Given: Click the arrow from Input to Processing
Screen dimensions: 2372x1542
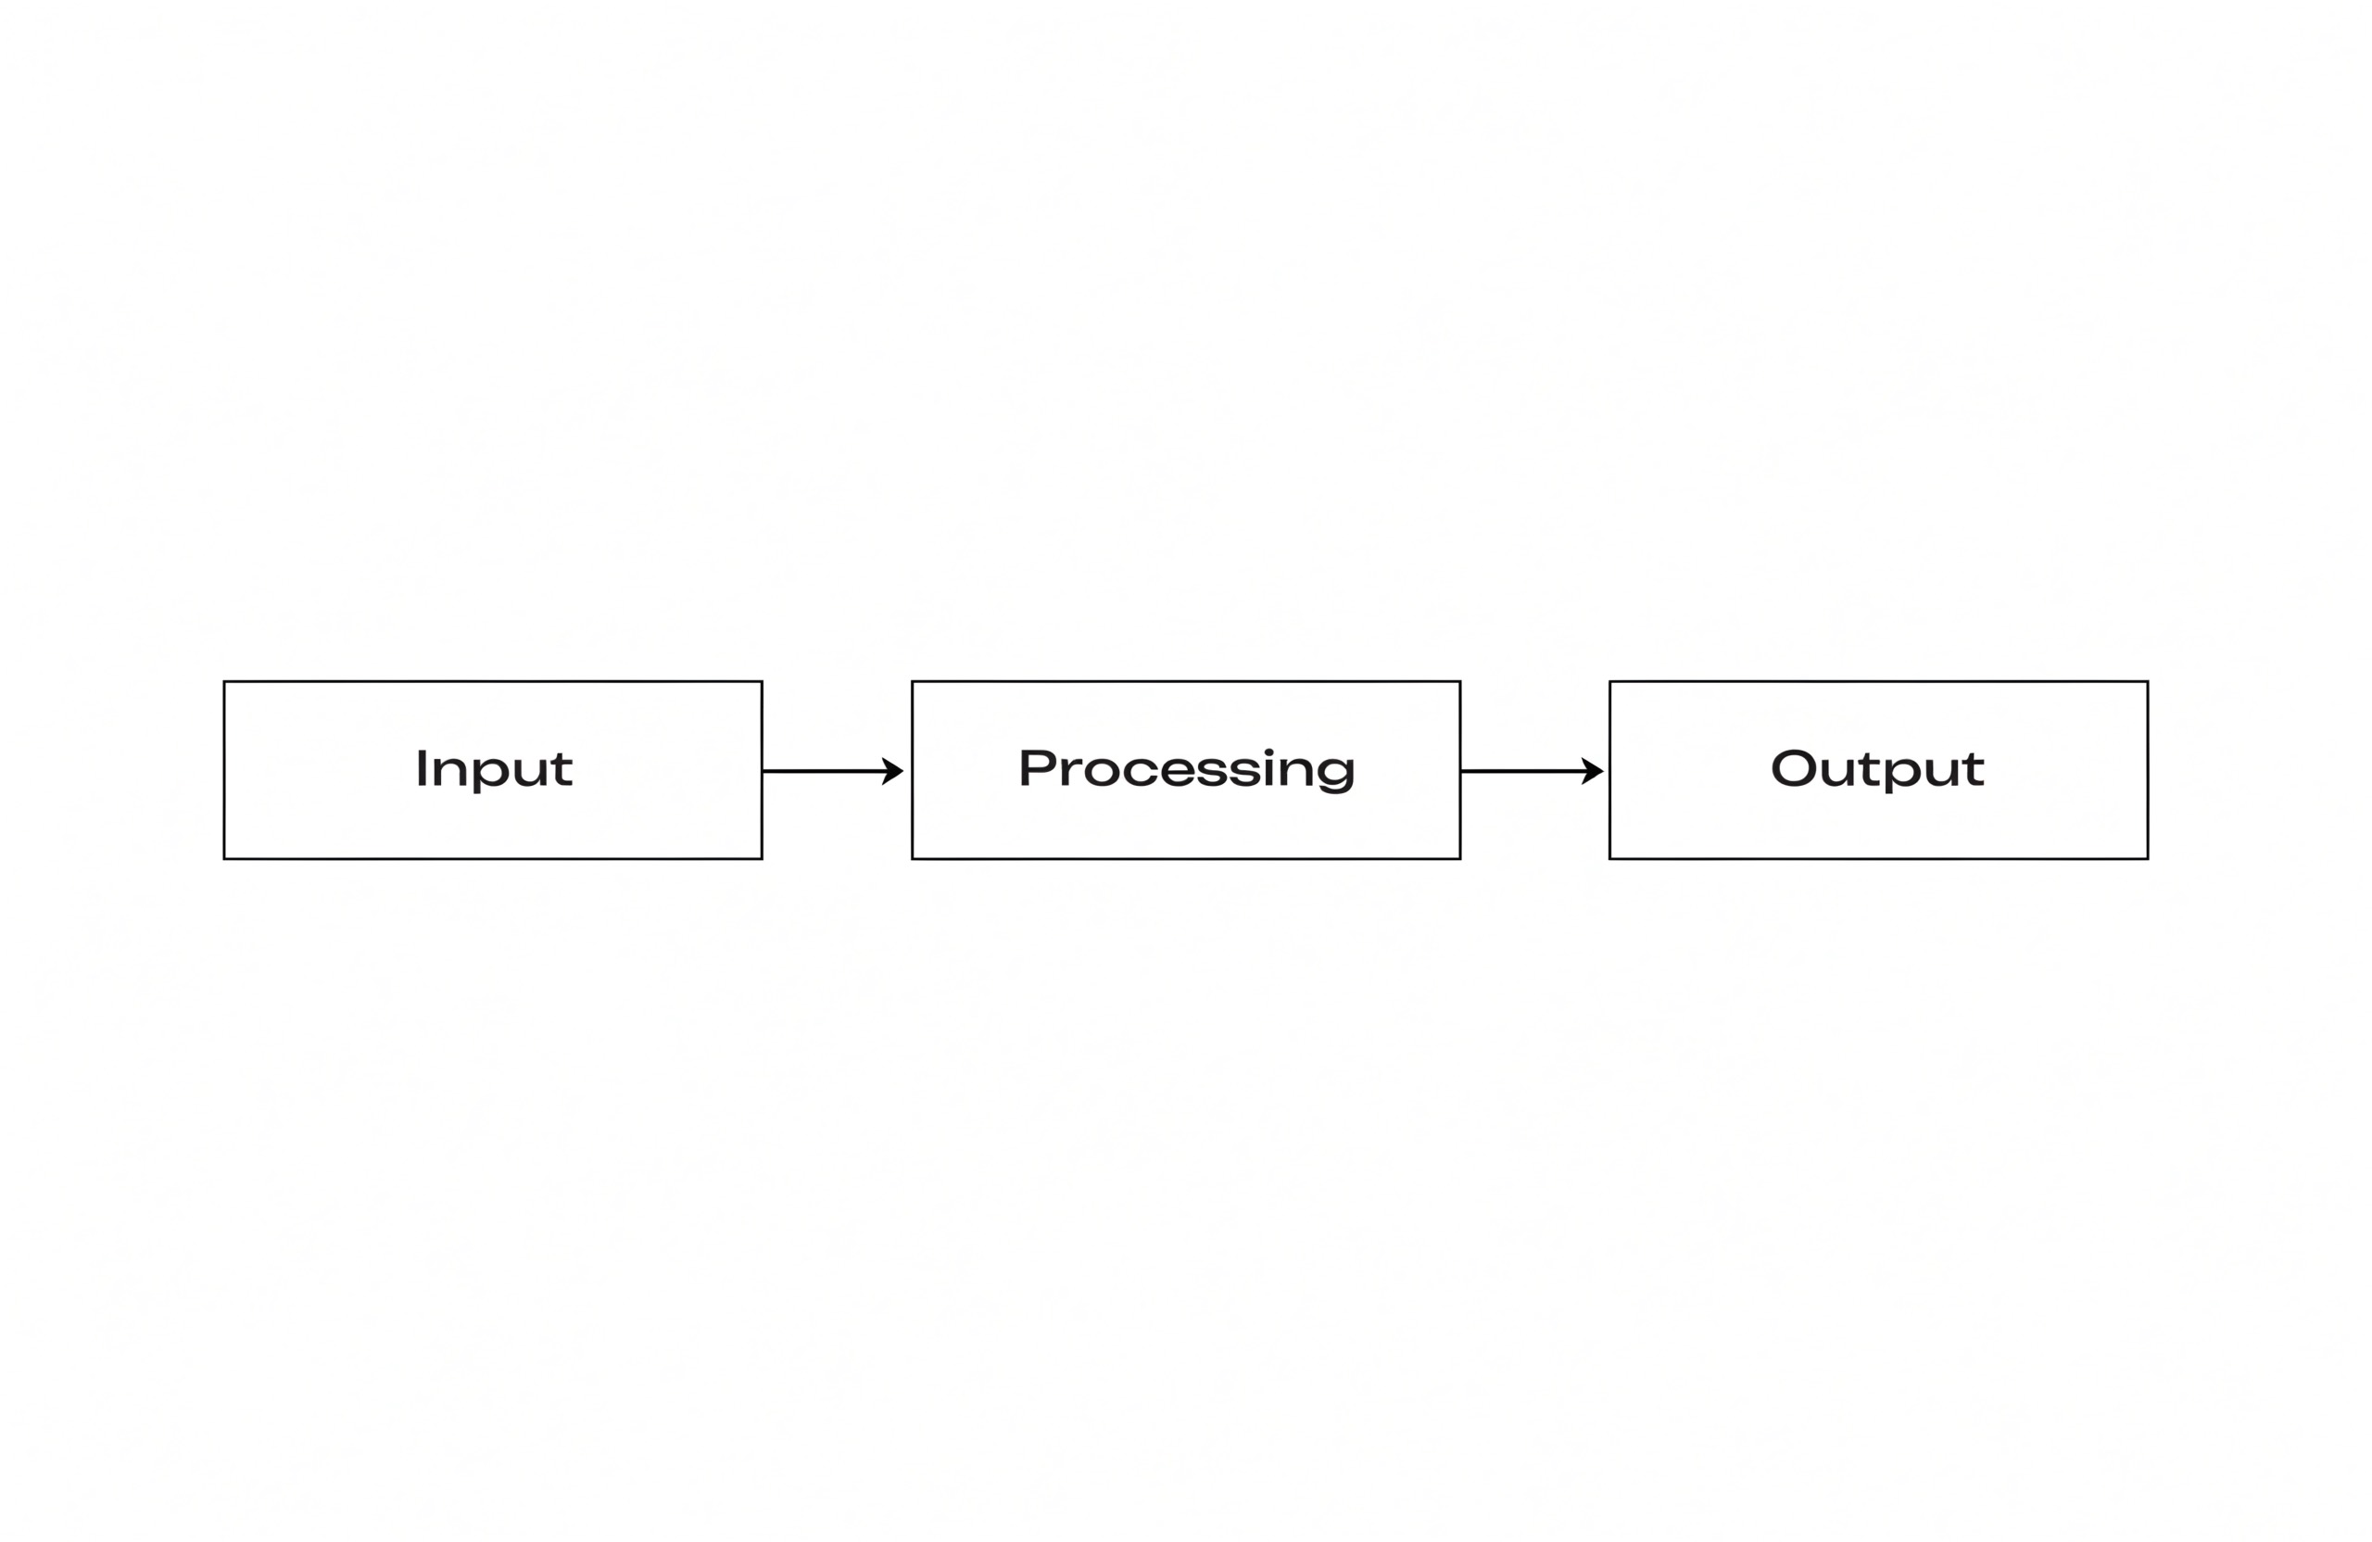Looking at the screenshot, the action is (x=833, y=770).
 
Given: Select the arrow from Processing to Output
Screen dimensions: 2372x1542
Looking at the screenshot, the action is (x=1532, y=770).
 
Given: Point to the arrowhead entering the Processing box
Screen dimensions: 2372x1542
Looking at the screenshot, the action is (x=893, y=770).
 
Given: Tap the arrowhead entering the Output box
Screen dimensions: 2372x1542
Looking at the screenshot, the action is (x=1593, y=770).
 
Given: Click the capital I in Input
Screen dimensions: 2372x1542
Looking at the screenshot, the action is (x=422, y=767).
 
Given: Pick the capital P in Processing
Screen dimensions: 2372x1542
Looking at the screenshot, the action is (x=1037, y=767).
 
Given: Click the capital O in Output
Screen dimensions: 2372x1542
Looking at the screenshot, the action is (x=1794, y=767).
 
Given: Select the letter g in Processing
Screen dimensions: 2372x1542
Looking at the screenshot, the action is (x=1335, y=774).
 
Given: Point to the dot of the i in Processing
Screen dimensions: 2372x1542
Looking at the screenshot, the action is (x=1268, y=752).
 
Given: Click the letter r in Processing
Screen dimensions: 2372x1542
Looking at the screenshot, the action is (x=1070, y=772).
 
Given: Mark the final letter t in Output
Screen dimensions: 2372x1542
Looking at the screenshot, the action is (x=1974, y=769).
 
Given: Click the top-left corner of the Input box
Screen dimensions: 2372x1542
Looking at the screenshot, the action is (x=224, y=682).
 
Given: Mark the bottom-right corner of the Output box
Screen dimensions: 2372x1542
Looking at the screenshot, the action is (x=2148, y=858).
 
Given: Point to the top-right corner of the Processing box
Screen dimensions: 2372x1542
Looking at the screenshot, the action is (x=1460, y=682).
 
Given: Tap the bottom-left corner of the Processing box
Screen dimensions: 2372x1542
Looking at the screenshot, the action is (x=912, y=858).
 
